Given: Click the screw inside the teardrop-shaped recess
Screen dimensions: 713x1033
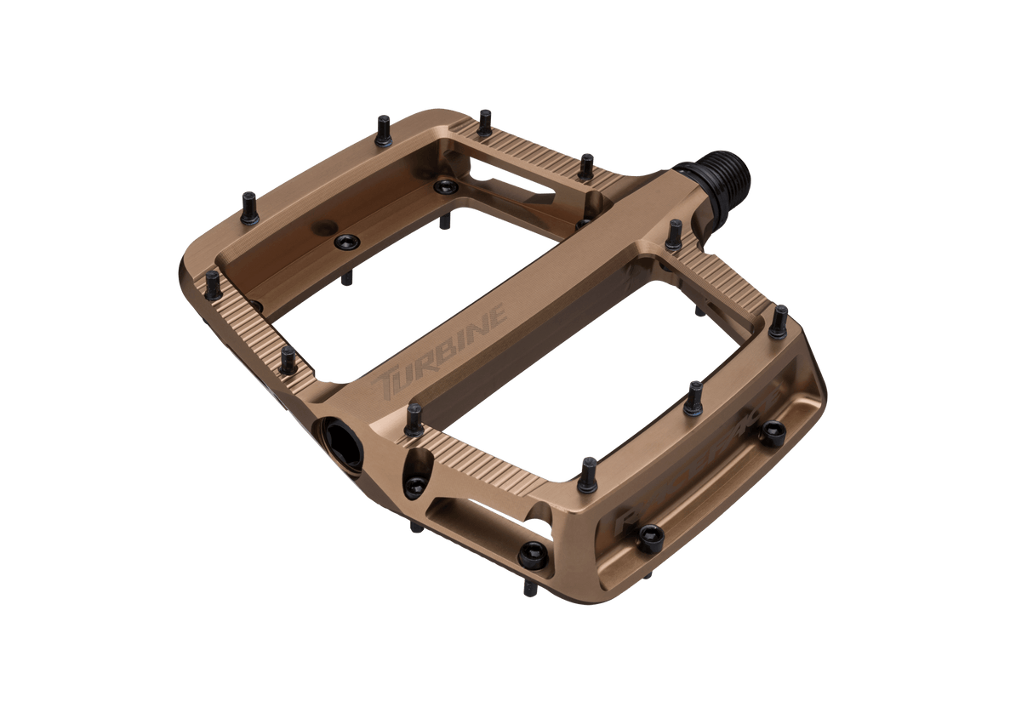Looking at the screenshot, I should [x=414, y=486].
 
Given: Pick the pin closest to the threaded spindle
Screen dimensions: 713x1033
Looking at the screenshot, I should [x=674, y=234].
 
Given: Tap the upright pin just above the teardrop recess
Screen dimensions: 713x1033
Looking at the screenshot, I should [x=414, y=419].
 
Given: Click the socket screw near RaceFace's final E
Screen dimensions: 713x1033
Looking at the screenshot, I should [x=773, y=433].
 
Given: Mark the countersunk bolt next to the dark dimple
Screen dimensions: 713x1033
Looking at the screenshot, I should [x=346, y=242].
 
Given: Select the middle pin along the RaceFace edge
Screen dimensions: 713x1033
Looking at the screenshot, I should [x=694, y=397].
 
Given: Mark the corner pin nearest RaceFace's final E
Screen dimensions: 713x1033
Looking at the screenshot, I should [x=779, y=321].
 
